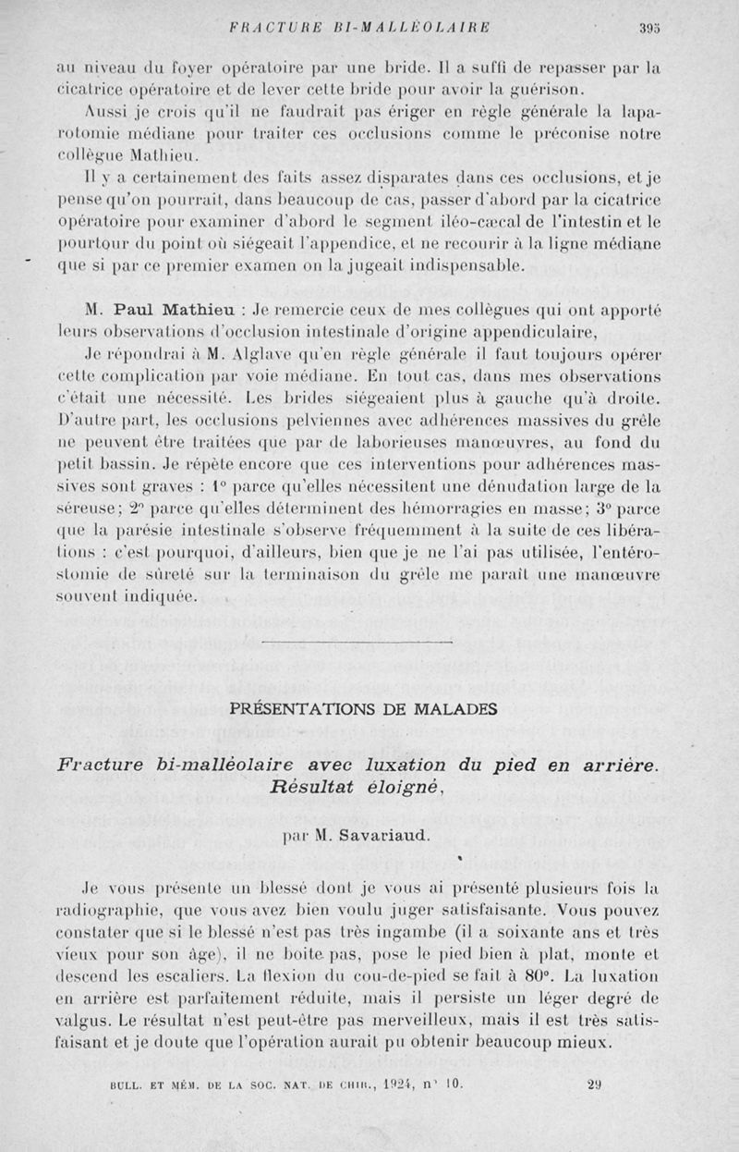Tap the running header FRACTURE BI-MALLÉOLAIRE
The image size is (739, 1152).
point(359,27)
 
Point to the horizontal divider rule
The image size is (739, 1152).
point(357,642)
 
